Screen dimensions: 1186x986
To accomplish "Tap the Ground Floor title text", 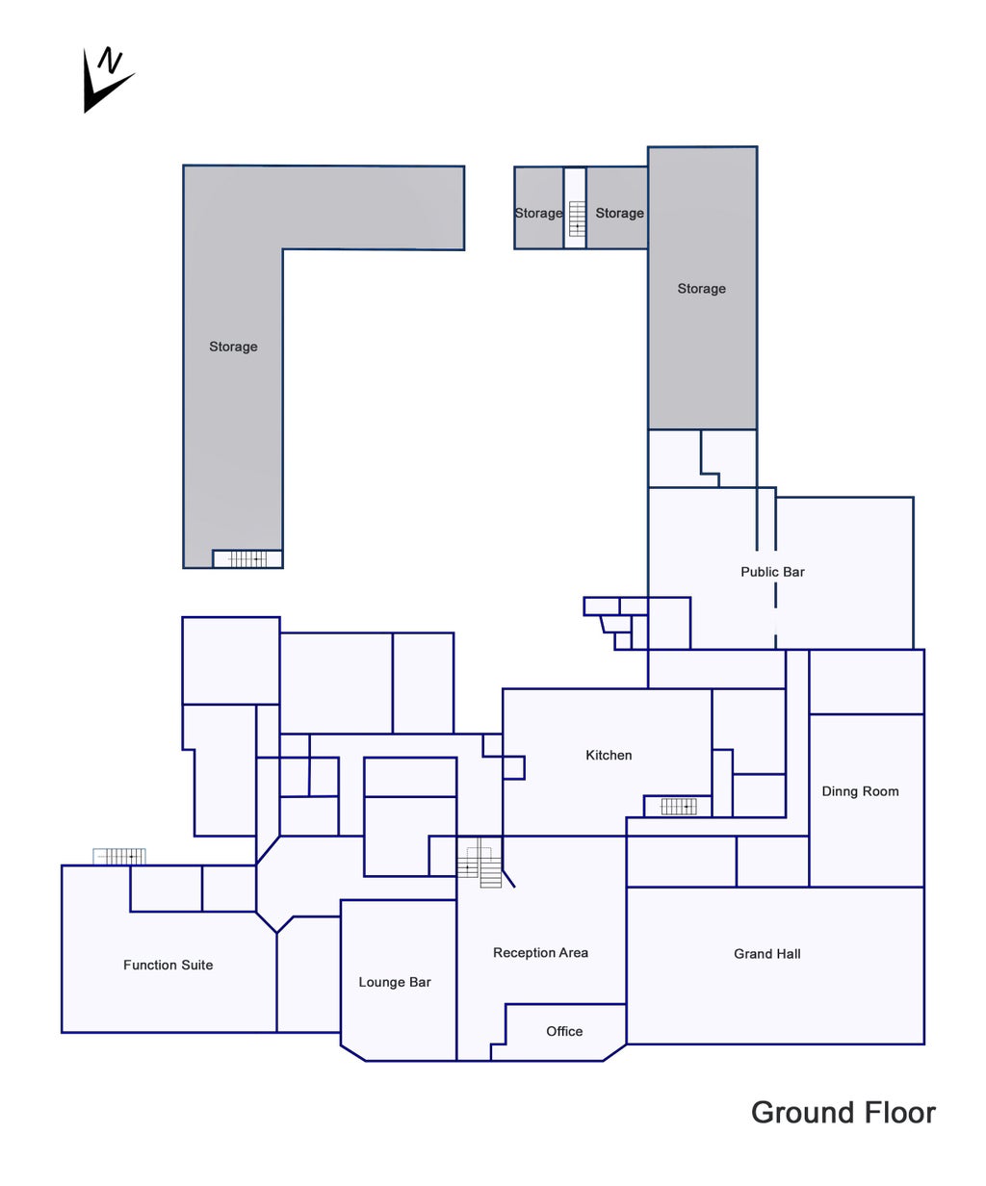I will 843,1113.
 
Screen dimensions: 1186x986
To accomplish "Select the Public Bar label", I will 772,572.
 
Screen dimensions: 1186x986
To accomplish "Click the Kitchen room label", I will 609,756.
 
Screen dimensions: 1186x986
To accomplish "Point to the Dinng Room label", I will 860,791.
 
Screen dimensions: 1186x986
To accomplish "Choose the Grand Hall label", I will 767,954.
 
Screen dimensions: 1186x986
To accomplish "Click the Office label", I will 564,1031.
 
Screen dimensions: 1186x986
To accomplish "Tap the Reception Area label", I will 540,953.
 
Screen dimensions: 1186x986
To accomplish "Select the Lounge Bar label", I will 395,982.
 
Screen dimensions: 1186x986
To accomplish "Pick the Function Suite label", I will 168,965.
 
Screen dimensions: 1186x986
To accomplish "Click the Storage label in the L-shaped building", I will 233,347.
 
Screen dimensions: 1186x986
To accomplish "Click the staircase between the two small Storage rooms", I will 577,219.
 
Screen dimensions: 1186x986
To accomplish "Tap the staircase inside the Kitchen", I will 678,807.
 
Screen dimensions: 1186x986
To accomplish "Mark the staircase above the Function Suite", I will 120,856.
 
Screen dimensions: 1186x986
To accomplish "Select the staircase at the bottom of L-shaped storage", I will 246,558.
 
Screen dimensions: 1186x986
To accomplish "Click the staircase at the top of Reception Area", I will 480,862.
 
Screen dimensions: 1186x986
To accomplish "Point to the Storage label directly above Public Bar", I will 701,289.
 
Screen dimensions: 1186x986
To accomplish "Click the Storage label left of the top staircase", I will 537,214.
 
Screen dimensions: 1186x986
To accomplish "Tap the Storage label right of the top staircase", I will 619,214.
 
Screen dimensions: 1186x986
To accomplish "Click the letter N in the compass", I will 113,63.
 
